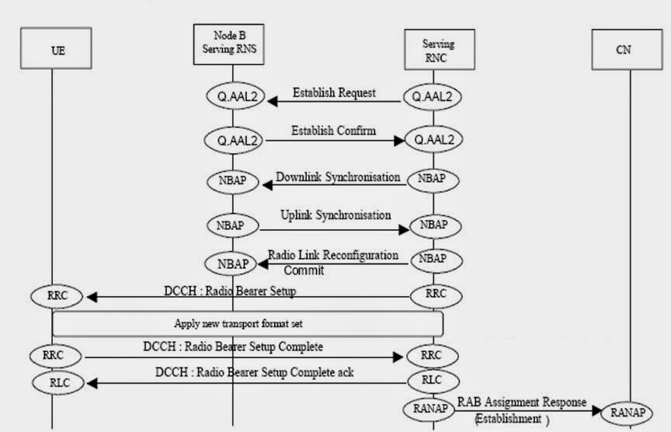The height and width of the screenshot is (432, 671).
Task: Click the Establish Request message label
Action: pos(334,93)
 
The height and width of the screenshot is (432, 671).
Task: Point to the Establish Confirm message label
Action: pos(333,131)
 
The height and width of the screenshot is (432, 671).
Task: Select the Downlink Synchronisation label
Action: pos(338,176)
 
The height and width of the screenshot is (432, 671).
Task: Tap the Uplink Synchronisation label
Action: pos(335,214)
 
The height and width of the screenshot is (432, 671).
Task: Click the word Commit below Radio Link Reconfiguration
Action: pos(304,270)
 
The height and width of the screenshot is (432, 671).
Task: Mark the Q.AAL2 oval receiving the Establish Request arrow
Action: pos(234,97)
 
